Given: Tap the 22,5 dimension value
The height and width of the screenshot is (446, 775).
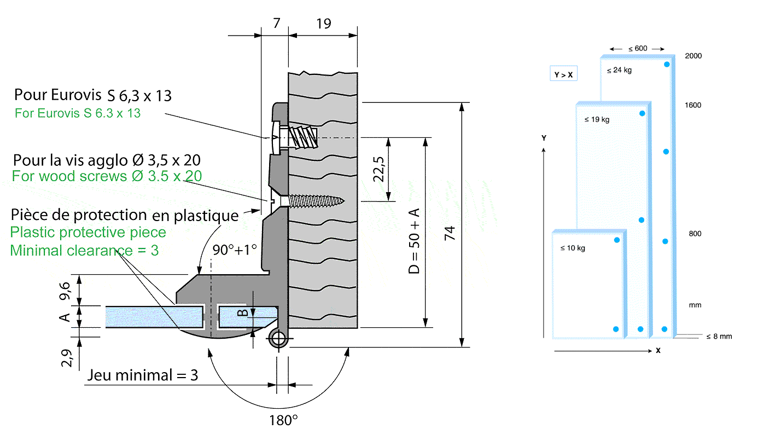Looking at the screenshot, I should coord(378,169).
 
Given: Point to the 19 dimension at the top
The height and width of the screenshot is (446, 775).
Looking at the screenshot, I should coord(323,24).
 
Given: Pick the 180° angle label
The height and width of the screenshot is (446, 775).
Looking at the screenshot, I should coord(283,421).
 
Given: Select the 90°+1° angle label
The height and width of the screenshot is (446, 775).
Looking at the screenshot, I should coord(235,250).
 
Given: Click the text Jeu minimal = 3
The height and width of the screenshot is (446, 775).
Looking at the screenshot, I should coord(142,376).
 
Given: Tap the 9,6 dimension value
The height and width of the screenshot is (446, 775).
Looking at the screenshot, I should coord(65,290).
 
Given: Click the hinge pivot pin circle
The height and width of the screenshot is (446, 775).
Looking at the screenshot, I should coord(279,339).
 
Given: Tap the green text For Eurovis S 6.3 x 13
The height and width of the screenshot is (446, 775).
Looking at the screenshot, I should coord(78,114).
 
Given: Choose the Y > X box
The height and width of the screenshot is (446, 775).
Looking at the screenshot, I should coord(563,74).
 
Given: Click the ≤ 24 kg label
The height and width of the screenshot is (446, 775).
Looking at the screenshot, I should coord(619,70).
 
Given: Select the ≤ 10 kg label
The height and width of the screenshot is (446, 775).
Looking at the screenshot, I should coord(573,248).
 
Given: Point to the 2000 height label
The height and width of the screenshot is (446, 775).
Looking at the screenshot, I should coord(693,56).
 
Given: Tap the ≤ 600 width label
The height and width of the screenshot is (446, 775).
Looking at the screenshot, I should coord(637,49).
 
